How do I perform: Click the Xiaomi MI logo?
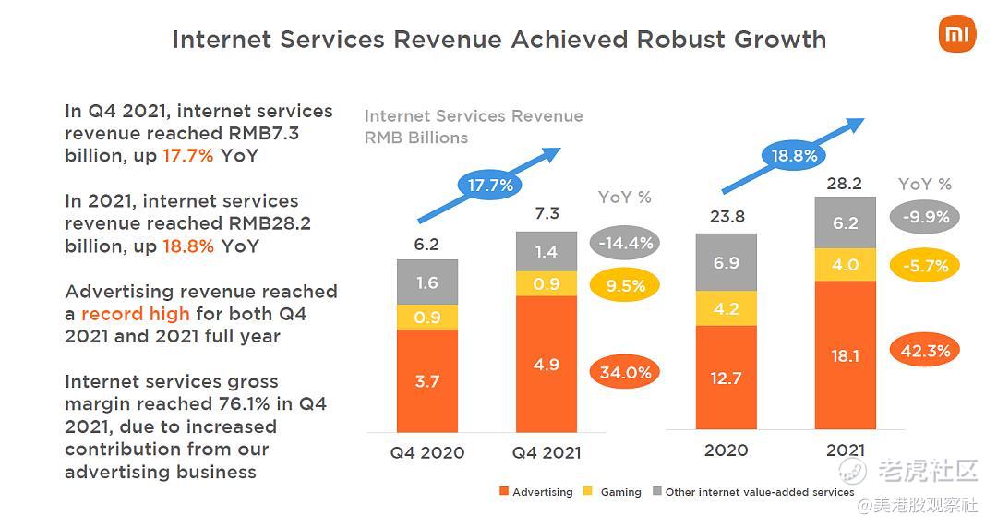(956, 35)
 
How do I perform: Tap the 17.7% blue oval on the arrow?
(490, 185)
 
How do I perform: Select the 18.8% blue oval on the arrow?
(795, 156)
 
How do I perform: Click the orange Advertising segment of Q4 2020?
(426, 380)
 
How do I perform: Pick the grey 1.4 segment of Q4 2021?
(547, 251)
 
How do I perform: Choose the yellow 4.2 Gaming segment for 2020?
(726, 308)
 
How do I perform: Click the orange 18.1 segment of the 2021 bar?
(845, 354)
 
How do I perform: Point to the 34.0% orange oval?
(624, 372)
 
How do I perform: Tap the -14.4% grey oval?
(624, 244)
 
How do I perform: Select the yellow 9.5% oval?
(625, 286)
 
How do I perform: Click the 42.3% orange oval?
(924, 351)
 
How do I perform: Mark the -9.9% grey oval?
(924, 218)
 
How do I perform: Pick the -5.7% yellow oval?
(924, 266)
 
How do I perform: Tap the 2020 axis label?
(726, 450)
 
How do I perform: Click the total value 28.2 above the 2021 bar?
(844, 184)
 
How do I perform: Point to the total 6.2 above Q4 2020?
(426, 245)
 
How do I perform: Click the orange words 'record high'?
(135, 314)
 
